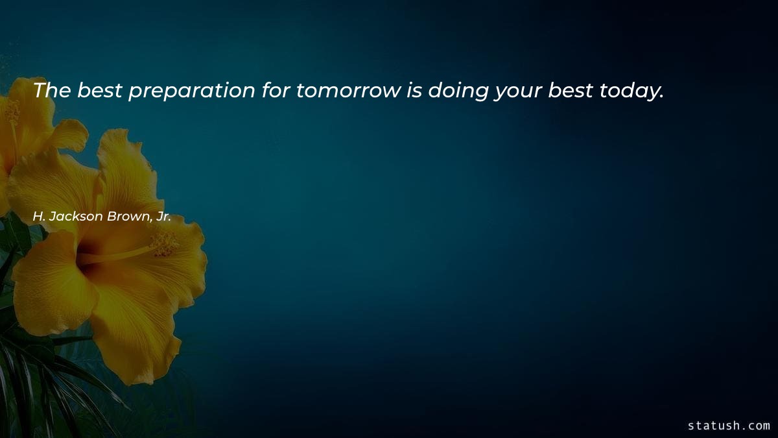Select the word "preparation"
(191, 91)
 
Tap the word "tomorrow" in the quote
(349, 91)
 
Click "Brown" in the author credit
(130, 217)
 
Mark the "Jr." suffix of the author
(163, 217)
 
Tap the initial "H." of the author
(38, 217)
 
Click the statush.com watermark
(729, 426)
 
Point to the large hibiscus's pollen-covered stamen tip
(164, 243)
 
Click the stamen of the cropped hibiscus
(12, 114)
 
